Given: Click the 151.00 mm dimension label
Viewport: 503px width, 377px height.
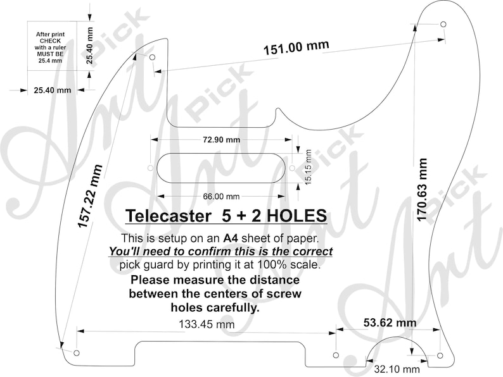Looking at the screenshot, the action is [296, 47].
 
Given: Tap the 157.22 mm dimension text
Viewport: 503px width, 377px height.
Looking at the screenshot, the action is [90, 196].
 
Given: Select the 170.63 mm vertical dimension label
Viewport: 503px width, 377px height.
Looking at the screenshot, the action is [422, 189].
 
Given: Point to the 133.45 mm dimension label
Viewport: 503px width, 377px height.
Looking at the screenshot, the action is [207, 324].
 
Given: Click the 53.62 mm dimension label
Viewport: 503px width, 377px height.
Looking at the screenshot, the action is [390, 322].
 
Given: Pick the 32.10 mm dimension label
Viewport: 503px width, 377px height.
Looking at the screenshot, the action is [397, 369].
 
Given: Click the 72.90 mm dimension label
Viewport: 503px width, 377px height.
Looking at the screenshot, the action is [221, 140].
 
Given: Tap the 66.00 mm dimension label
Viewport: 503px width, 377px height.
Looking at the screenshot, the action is [221, 196].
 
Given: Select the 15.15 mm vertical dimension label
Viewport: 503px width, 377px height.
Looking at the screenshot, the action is [308, 167].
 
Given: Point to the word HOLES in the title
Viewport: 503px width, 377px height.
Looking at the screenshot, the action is [296, 216].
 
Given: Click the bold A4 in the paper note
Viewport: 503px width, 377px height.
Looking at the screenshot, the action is [231, 238].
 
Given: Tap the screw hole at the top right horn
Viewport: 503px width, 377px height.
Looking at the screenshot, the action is [443, 24].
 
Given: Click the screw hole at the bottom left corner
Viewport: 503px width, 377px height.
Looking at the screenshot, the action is [77, 353].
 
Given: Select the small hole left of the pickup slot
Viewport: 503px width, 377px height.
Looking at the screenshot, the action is [150, 168].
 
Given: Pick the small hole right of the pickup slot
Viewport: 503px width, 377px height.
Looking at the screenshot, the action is [292, 168].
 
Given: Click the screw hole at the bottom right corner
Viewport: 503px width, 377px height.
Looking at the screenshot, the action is [440, 355].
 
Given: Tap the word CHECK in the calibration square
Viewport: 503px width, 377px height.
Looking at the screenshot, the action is [50, 41].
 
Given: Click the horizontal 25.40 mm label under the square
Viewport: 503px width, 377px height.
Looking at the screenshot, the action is [53, 90].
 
